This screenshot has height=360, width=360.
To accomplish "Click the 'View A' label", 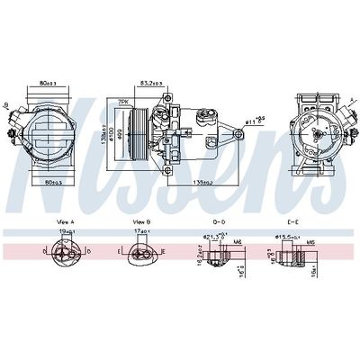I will [65, 220].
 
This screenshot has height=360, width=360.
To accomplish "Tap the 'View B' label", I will [140, 220].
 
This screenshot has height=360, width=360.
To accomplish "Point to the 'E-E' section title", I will [292, 220].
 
